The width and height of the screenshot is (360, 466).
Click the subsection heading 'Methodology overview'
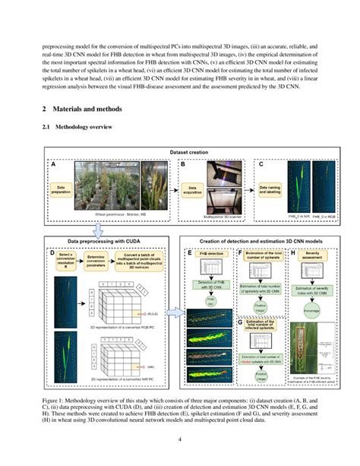[x=87, y=127]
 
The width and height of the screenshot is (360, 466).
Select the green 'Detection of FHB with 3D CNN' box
[x=207, y=284]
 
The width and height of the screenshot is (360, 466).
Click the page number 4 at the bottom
[x=180, y=439]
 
